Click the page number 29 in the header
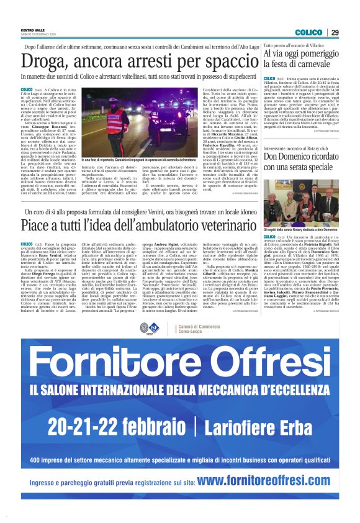point(351,32)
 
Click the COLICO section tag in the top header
point(326,32)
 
